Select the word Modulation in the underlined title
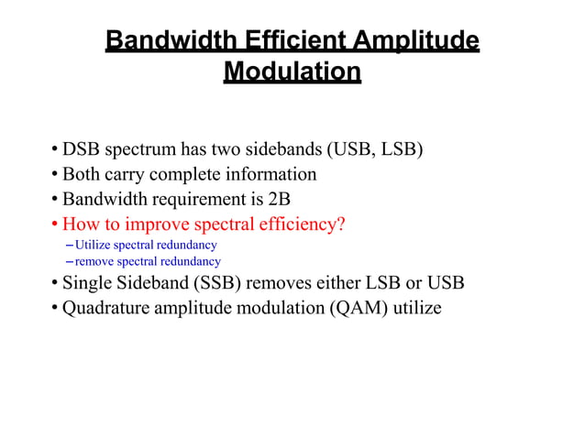pos(292,71)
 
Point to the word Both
pos(81,174)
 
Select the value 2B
pos(278,199)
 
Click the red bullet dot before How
pos(55,224)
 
